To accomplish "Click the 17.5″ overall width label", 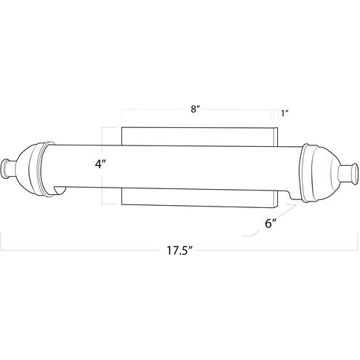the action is tap(179, 250).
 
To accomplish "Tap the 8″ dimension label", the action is tap(195, 109).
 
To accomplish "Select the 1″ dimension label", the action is tap(284, 113).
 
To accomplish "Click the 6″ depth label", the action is tap(271, 223).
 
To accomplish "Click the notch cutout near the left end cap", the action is tap(60, 190).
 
